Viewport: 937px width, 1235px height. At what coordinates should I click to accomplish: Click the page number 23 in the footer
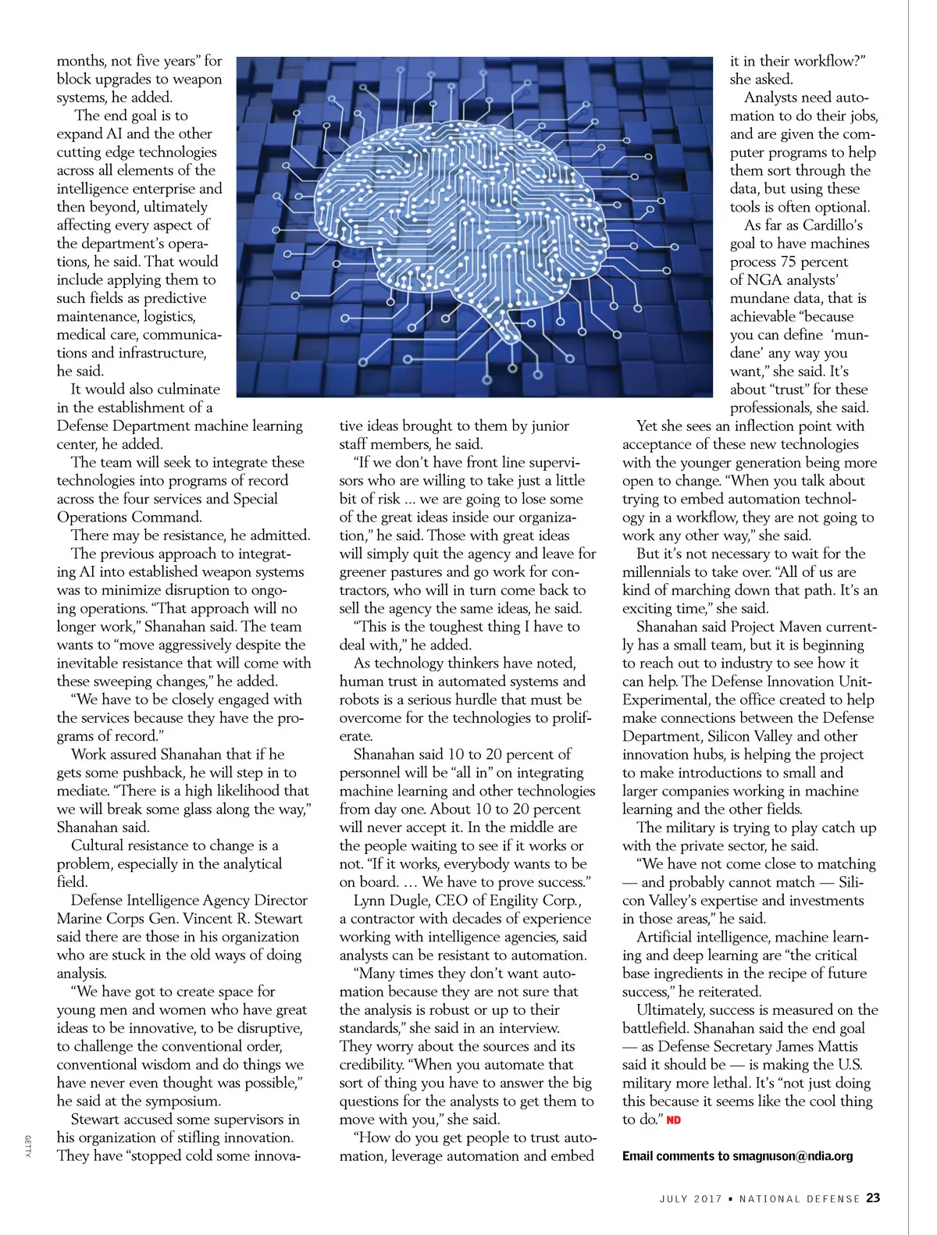pos(873,1198)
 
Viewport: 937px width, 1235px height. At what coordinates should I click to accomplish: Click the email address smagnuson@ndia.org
pos(793,1156)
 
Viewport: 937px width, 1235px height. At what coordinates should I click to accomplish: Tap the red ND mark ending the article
pos(673,1120)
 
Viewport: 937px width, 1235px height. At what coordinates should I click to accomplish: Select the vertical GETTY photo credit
pos(27,1147)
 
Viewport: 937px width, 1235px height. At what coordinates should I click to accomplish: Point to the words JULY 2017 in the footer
pos(690,1199)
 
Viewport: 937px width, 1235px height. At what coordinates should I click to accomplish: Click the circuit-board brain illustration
pos(474,226)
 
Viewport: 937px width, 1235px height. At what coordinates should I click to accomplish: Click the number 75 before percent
pos(788,262)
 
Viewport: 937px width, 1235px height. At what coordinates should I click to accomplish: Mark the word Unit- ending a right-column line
pos(855,682)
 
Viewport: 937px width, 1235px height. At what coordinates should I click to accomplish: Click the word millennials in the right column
pos(662,572)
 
